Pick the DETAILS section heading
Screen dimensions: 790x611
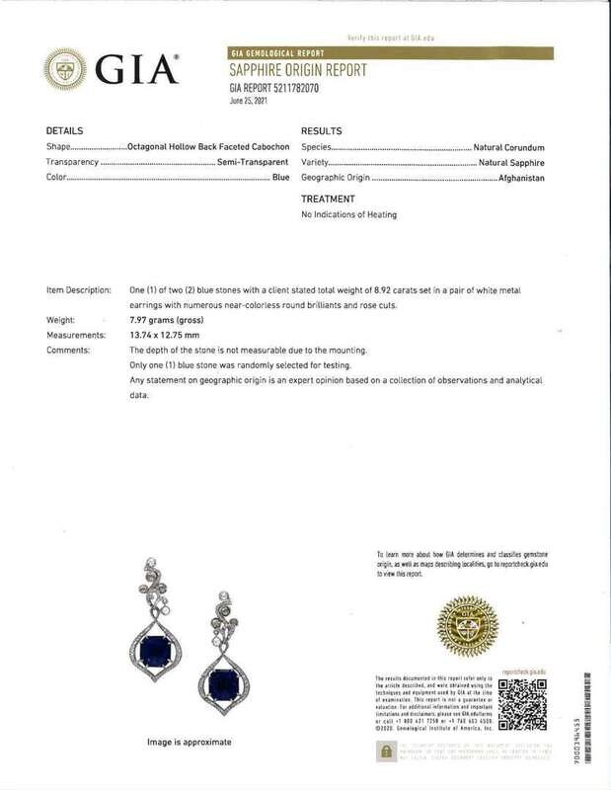65,130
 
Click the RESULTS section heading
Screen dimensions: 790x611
321,130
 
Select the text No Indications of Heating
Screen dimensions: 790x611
350,214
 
